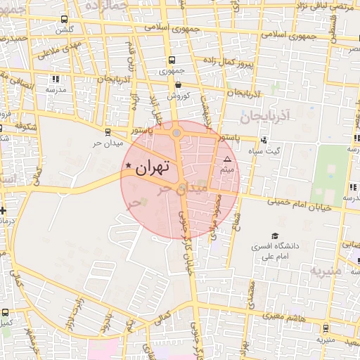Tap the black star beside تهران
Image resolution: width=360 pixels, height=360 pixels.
pos(128,166)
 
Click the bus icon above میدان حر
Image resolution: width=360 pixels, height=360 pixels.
pos(107,130)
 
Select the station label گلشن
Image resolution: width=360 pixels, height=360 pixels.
pos(65,30)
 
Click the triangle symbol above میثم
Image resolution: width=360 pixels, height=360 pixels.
pos(226,160)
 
